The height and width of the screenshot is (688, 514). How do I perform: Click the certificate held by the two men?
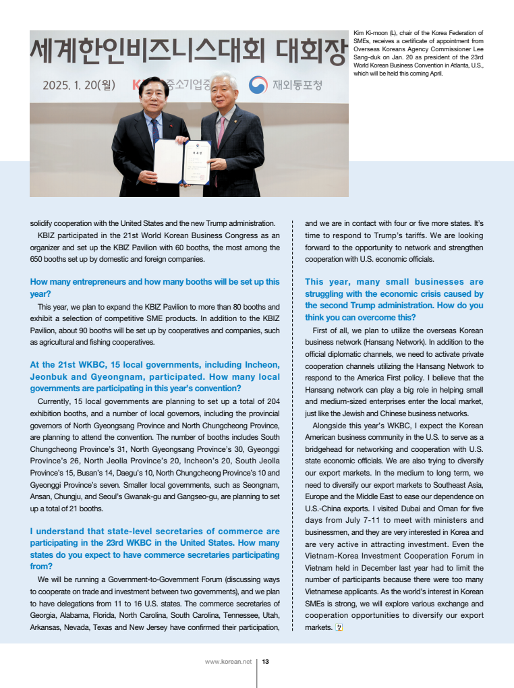click(x=181, y=161)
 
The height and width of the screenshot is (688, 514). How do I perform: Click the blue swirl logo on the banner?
click(x=258, y=85)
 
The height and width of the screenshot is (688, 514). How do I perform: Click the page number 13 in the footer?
click(x=266, y=662)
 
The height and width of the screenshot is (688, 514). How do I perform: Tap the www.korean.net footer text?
click(x=228, y=662)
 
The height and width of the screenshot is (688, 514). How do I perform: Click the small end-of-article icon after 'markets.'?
click(x=339, y=627)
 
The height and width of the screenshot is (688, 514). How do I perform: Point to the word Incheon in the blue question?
click(x=260, y=365)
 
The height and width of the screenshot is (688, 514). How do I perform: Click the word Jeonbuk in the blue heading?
click(x=49, y=377)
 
